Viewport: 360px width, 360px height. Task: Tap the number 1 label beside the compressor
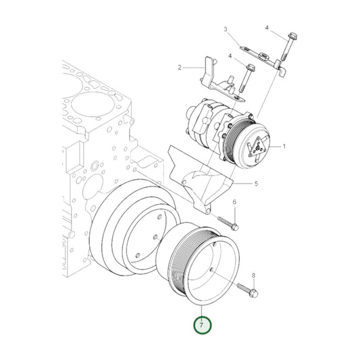point(284,147)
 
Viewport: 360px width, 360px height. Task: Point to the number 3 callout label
point(226,30)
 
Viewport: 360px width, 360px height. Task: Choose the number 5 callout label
point(257,184)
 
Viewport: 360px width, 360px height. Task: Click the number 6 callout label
point(234,203)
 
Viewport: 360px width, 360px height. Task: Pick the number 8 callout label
point(253,276)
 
